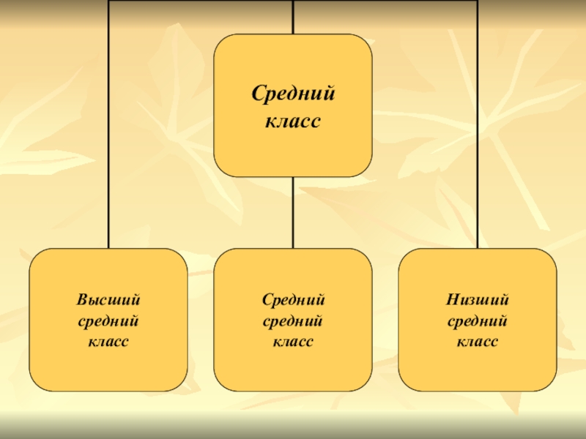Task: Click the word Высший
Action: click(108, 300)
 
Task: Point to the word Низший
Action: click(478, 300)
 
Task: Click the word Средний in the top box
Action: click(293, 94)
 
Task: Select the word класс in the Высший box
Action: click(108, 341)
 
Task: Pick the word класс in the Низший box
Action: click(478, 341)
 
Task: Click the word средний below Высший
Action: click(108, 320)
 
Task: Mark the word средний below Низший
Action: click(478, 320)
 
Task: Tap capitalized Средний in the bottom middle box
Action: click(293, 300)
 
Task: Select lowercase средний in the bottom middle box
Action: click(293, 320)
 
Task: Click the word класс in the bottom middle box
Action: click(293, 341)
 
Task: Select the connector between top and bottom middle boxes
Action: click(293, 212)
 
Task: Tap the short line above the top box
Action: click(293, 16)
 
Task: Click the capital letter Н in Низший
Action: click(450, 300)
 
